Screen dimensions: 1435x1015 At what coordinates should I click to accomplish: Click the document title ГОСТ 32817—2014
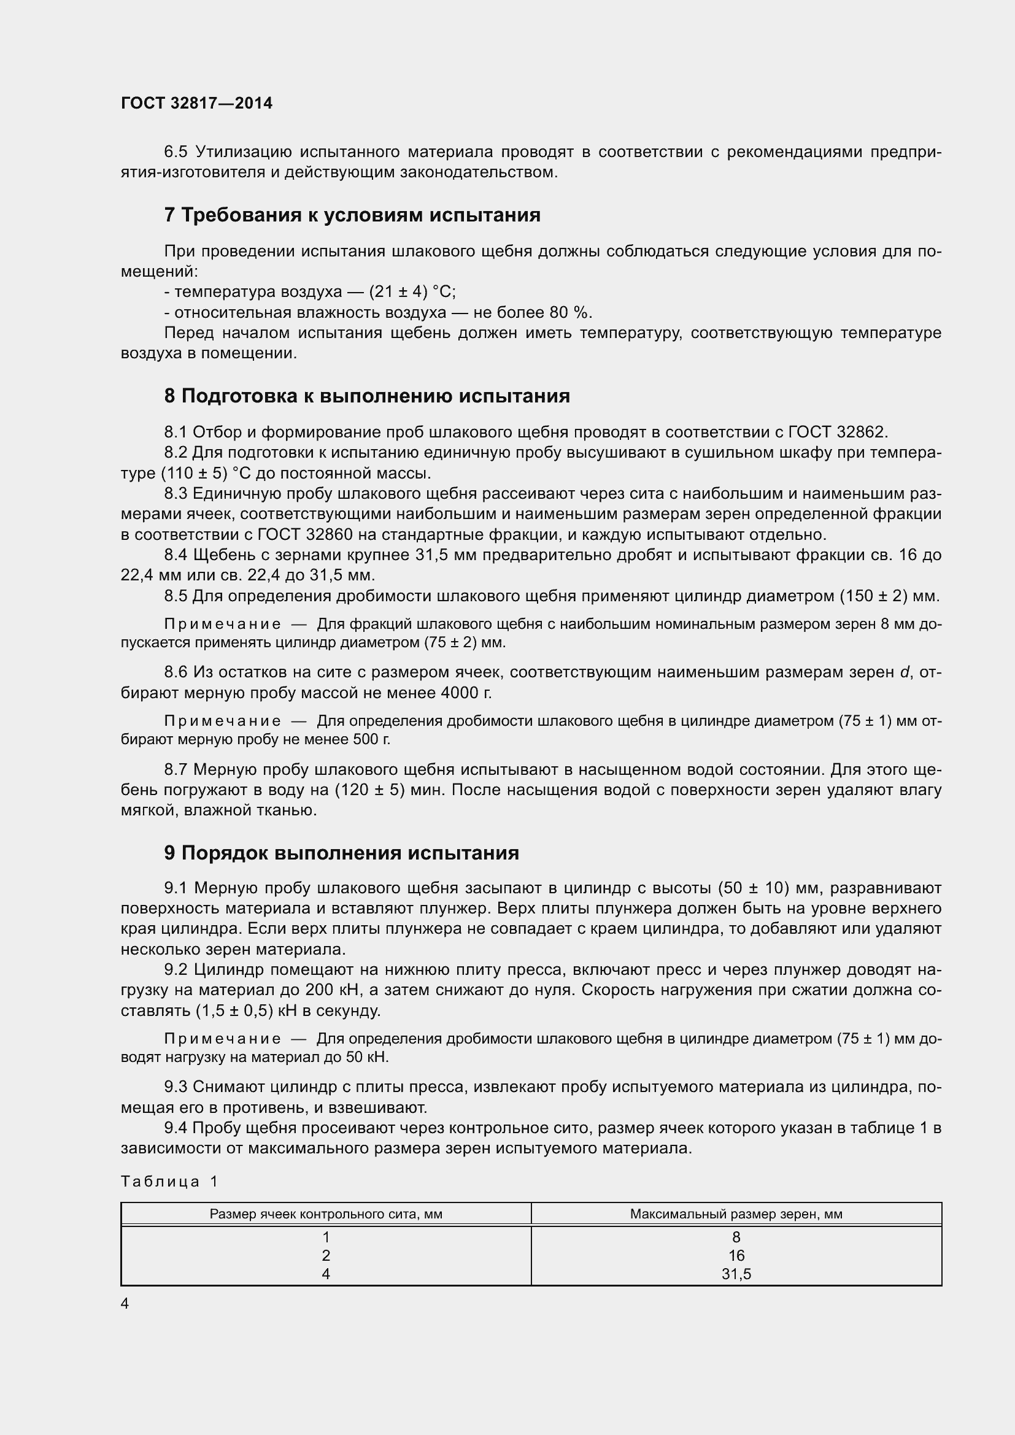point(196,103)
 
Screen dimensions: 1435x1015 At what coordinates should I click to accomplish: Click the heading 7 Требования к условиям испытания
point(352,215)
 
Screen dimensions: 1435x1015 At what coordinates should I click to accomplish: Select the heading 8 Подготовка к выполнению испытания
point(367,396)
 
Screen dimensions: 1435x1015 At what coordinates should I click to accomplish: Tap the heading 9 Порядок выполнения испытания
point(341,853)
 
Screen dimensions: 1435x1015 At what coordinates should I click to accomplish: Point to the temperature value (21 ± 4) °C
point(412,292)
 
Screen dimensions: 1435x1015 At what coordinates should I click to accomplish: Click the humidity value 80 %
point(570,312)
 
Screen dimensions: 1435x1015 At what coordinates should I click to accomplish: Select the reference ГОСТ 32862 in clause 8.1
point(837,432)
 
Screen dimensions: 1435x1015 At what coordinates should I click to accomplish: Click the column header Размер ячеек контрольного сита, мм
point(326,1214)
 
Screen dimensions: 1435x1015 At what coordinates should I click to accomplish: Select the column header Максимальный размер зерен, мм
point(736,1214)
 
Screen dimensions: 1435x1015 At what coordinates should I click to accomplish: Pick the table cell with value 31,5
point(736,1274)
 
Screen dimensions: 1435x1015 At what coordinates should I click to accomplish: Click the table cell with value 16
point(736,1255)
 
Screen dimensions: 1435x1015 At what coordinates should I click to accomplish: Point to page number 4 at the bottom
point(125,1304)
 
